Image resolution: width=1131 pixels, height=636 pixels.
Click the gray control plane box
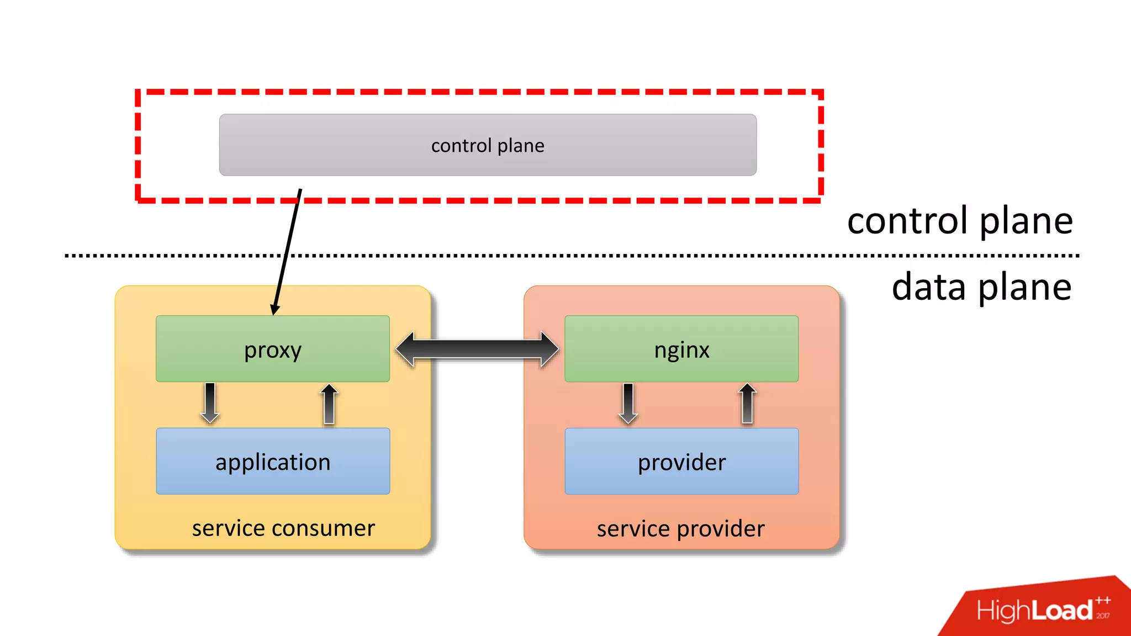(x=488, y=145)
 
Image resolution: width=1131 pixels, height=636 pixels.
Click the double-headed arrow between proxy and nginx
(x=477, y=349)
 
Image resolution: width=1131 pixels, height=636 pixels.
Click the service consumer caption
(x=283, y=528)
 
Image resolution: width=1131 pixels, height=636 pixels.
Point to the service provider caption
(x=680, y=529)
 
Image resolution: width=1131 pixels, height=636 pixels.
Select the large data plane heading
(x=981, y=287)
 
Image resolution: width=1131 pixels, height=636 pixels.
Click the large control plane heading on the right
(x=960, y=221)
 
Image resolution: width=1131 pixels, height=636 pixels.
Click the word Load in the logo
(x=1062, y=611)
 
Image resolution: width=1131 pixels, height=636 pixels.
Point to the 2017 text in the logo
(x=1103, y=616)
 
